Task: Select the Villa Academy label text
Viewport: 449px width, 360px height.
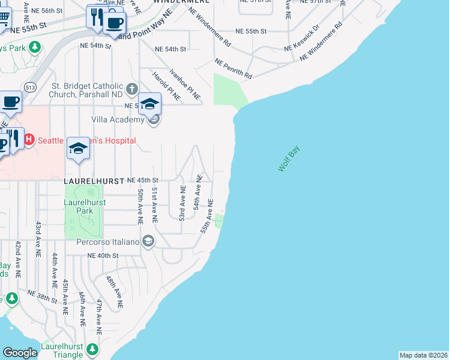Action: pyautogui.click(x=118, y=120)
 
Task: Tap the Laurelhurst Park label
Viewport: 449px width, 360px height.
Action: pyautogui.click(x=85, y=206)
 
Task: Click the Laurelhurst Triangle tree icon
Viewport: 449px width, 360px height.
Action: pyautogui.click(x=92, y=349)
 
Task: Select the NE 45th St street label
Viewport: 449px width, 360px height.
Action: pyautogui.click(x=142, y=180)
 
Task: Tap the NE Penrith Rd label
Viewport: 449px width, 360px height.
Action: pyautogui.click(x=233, y=69)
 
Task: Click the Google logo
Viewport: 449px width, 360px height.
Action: pyautogui.click(x=20, y=353)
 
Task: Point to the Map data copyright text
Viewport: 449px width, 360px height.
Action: pyautogui.click(x=423, y=355)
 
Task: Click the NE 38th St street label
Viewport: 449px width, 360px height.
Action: pyautogui.click(x=43, y=295)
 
